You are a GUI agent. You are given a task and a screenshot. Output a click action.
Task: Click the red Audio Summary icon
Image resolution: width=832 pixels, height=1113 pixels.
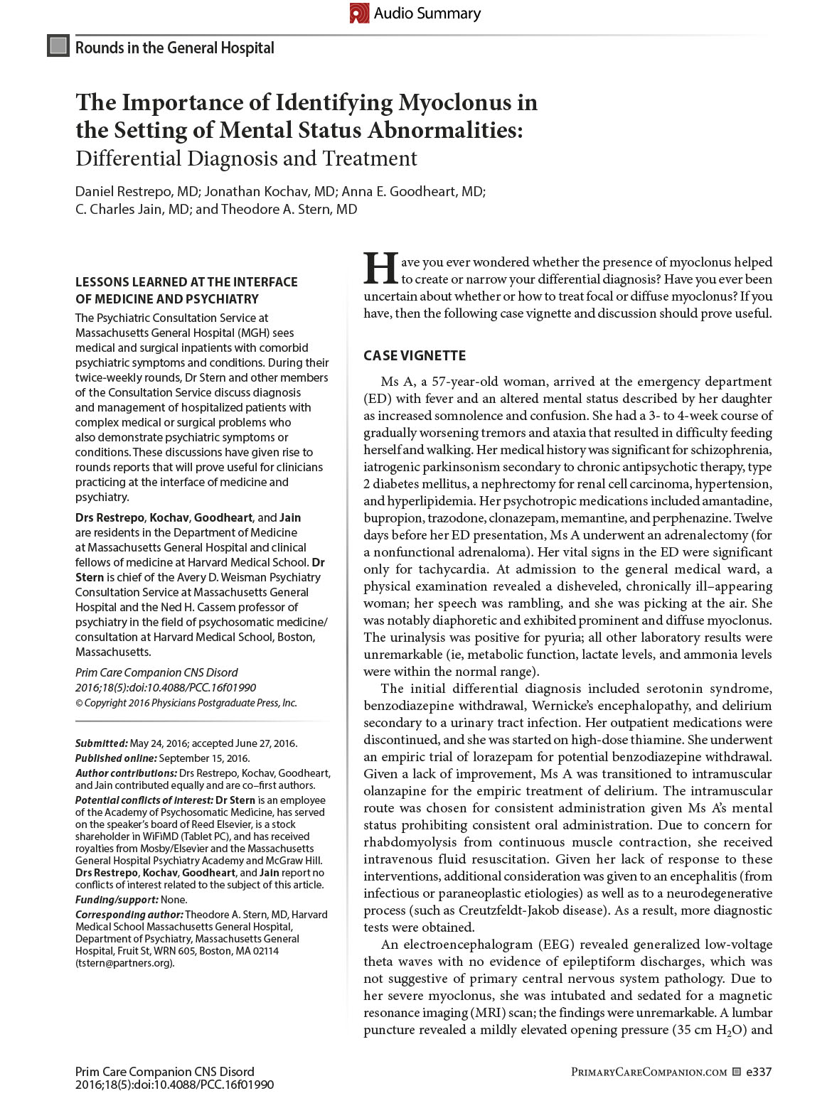point(359,13)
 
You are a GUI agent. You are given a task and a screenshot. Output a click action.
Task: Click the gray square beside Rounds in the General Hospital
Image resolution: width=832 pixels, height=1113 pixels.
point(58,46)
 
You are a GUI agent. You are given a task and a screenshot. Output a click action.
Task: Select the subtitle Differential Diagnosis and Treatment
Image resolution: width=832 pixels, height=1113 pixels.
point(246,158)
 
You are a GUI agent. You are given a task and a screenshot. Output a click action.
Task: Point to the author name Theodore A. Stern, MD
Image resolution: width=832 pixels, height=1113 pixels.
point(289,209)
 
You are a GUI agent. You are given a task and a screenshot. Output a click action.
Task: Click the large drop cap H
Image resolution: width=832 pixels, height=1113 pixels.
point(378,268)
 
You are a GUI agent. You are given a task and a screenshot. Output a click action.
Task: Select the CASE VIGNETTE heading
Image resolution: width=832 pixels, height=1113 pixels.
point(415,355)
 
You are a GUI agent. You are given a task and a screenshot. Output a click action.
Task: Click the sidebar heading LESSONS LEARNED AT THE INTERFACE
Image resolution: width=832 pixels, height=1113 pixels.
point(186,282)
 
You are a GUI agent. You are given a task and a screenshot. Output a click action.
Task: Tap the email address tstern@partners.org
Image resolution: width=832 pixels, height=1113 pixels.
point(124,963)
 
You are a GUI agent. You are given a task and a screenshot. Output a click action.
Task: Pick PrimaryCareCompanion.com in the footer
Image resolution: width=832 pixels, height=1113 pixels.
point(649,1072)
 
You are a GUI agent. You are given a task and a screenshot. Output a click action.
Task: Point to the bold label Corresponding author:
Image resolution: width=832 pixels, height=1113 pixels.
point(129,914)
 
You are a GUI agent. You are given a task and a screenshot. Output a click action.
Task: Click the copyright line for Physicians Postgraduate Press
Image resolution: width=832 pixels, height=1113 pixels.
point(186,703)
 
